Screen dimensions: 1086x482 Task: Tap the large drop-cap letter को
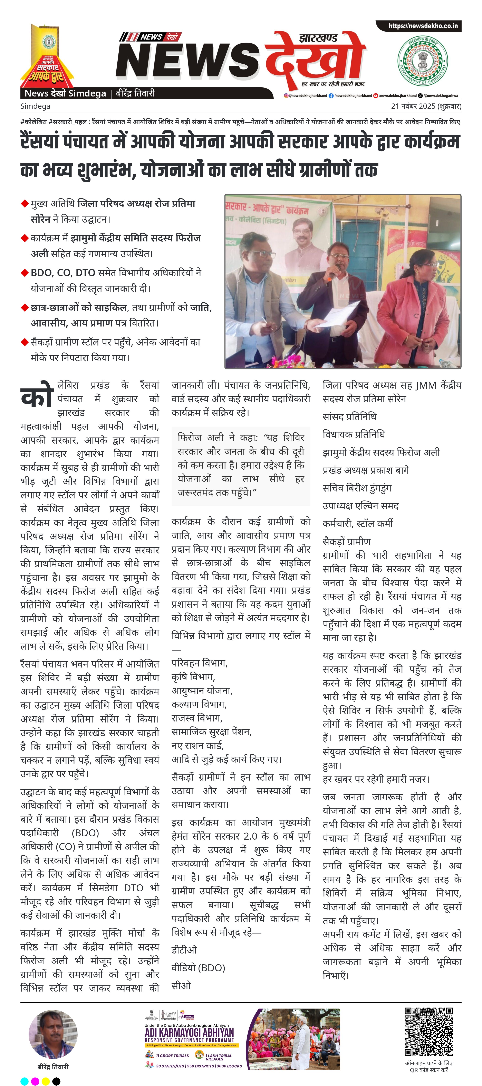pyautogui.click(x=37, y=396)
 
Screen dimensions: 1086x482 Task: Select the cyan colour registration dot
pyautogui.click(x=25, y=1081)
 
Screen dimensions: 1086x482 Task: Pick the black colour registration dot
pyautogui.click(x=56, y=1081)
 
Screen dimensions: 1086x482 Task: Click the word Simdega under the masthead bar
pyautogui.click(x=35, y=106)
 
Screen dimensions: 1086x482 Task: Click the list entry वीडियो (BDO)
pyautogui.click(x=198, y=968)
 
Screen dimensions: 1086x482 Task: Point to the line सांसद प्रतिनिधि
pyautogui.click(x=349, y=416)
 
